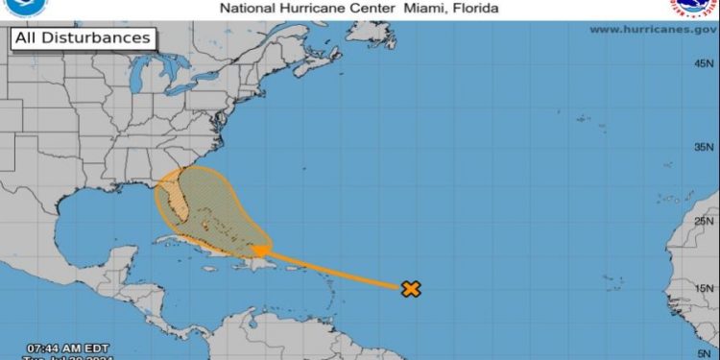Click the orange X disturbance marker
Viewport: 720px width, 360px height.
coord(411,287)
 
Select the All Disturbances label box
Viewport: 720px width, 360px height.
coord(84,38)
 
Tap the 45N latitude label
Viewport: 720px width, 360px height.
coord(705,63)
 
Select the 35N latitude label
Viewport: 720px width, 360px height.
coord(705,147)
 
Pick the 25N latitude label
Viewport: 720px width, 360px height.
coord(705,220)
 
